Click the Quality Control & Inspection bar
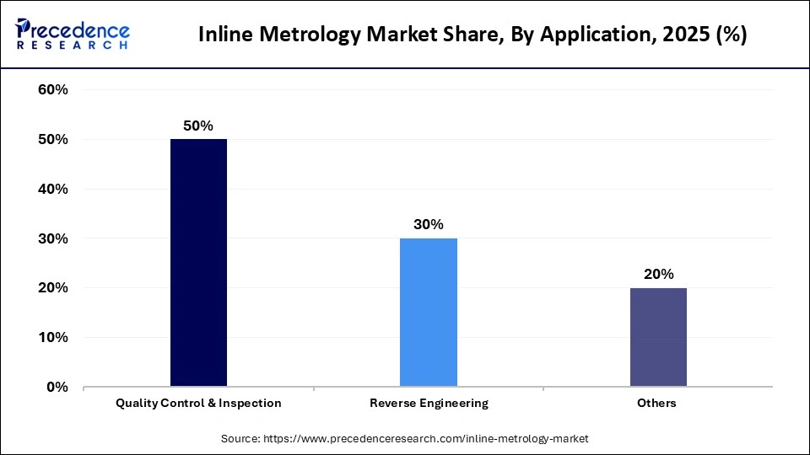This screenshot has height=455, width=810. [x=198, y=262]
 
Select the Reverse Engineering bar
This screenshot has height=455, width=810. [x=429, y=312]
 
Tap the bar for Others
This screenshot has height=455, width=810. [x=658, y=337]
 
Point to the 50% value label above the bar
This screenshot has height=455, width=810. [x=198, y=126]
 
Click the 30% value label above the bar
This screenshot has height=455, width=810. [x=429, y=225]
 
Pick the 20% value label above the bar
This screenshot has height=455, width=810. [x=658, y=274]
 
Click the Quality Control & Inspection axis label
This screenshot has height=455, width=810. [x=198, y=403]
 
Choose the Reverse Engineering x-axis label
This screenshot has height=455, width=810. [x=429, y=403]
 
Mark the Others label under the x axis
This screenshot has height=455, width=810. [x=657, y=403]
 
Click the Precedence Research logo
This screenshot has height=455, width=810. [x=72, y=34]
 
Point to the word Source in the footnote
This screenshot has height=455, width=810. [x=240, y=438]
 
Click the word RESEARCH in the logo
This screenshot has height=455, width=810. [x=72, y=45]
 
